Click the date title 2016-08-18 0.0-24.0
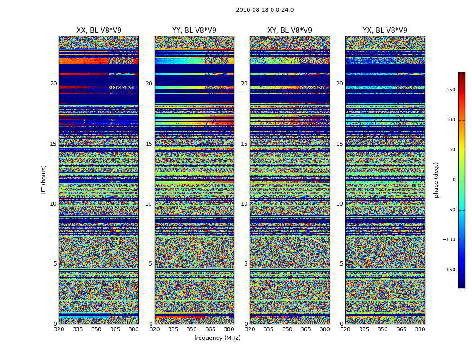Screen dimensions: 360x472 [265, 10]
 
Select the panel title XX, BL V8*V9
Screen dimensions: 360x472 [99, 31]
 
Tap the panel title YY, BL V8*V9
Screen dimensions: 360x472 [194, 31]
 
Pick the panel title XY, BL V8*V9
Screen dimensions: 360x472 [289, 31]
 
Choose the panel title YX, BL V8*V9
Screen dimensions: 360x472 [385, 31]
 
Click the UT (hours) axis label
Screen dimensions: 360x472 [44, 180]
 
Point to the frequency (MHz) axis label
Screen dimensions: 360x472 [217, 338]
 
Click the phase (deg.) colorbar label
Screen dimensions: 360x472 [436, 180]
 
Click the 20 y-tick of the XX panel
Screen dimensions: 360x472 [53, 84]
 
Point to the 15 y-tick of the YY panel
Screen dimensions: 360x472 [149, 144]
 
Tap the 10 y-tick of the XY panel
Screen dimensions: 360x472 [244, 204]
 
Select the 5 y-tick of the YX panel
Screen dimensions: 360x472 [341, 264]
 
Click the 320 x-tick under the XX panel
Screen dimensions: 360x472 [59, 329]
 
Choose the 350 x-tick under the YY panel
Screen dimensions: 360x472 [192, 329]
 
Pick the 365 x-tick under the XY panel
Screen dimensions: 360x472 [306, 329]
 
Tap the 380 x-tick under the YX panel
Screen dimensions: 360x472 [420, 329]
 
